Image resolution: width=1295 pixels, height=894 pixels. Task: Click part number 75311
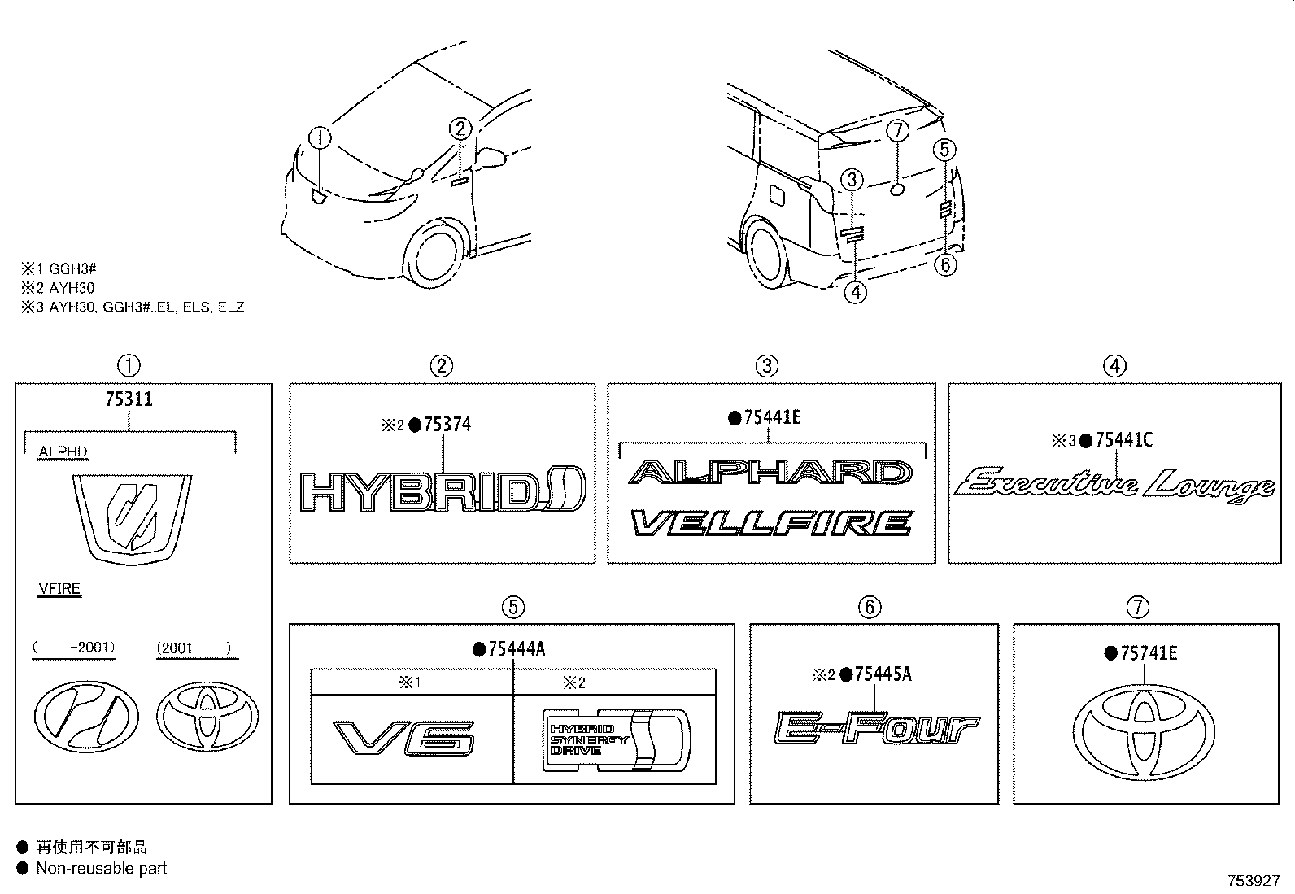click(129, 399)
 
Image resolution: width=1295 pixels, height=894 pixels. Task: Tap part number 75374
click(447, 425)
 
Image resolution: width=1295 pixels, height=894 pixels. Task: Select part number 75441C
click(1123, 440)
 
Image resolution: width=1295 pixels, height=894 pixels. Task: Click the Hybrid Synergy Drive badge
click(616, 739)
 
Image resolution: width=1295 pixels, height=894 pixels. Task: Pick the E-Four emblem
click(875, 727)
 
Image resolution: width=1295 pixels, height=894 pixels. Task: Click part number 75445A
click(882, 674)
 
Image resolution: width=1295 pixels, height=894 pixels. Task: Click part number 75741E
click(1148, 652)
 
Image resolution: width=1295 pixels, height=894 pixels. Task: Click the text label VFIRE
click(59, 589)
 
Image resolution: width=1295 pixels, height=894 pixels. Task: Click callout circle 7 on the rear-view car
click(896, 130)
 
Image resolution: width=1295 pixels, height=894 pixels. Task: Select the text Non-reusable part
click(102, 868)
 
